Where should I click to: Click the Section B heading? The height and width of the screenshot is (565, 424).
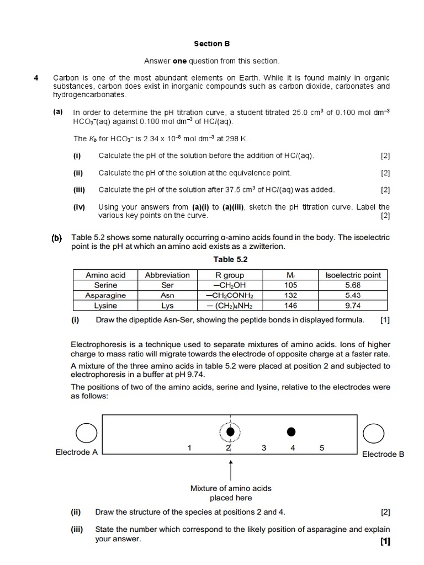211,44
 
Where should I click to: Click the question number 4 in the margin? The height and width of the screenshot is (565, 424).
36,78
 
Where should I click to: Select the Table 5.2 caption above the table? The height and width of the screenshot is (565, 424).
230,259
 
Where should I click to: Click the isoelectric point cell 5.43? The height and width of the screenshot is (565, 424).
352,295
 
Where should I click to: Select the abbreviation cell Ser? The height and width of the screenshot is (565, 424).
167,285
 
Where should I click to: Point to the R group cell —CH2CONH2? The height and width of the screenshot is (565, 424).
229,295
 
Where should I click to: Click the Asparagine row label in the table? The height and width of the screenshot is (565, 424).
105,295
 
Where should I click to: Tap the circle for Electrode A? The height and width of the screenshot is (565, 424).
86,433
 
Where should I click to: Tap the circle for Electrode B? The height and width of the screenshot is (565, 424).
374,433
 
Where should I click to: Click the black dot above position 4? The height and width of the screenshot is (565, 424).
291,431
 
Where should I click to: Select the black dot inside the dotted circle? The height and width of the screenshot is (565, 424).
230,431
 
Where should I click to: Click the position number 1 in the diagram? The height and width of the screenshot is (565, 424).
189,448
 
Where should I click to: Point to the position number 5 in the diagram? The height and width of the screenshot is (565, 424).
321,448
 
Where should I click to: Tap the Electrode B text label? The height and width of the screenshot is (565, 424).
383,454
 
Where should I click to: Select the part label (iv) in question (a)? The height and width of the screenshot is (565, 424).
78,207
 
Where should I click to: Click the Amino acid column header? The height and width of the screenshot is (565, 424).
105,275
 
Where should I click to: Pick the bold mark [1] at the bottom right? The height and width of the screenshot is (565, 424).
385,541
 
